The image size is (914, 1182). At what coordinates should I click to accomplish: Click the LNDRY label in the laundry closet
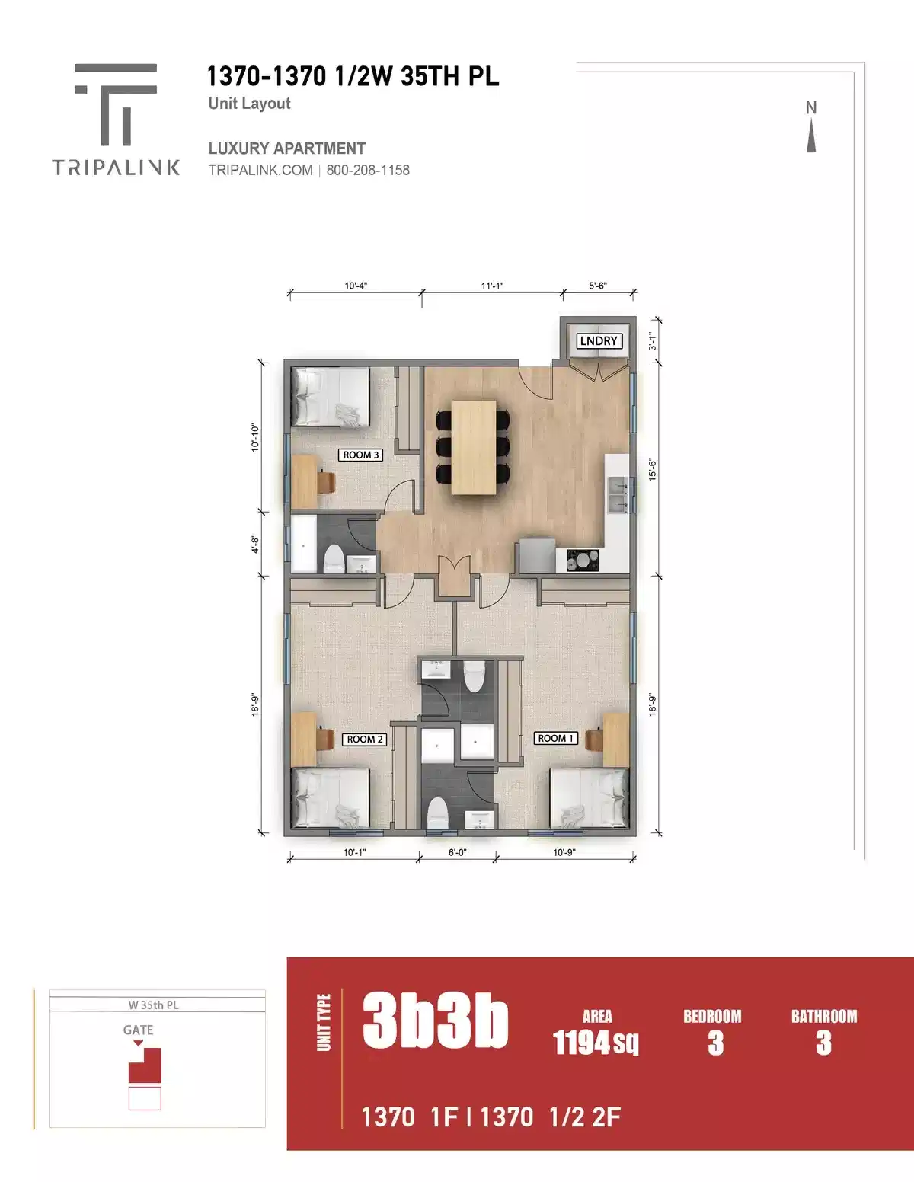(x=599, y=341)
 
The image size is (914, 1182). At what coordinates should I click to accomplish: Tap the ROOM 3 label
(x=360, y=455)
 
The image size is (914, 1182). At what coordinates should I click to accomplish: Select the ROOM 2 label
(x=365, y=739)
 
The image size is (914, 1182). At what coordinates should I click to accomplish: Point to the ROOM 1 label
(x=555, y=738)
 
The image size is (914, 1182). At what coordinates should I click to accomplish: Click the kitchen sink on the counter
(x=617, y=494)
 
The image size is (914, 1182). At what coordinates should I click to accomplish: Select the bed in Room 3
(x=331, y=397)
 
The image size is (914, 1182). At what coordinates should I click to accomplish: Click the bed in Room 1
(x=589, y=797)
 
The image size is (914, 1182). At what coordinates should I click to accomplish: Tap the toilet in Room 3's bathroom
(x=334, y=558)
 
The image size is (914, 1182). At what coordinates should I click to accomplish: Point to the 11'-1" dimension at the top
(x=492, y=286)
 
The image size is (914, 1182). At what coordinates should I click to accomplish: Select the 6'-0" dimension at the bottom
(x=457, y=853)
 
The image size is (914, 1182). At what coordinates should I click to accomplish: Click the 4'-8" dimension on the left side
(x=256, y=544)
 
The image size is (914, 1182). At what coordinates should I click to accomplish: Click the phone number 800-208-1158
(x=368, y=170)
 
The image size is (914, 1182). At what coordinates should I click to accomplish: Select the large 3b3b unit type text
(x=435, y=1021)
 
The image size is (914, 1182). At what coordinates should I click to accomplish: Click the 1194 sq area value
(x=596, y=1042)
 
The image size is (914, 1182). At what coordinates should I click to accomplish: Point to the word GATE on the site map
(x=138, y=1030)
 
